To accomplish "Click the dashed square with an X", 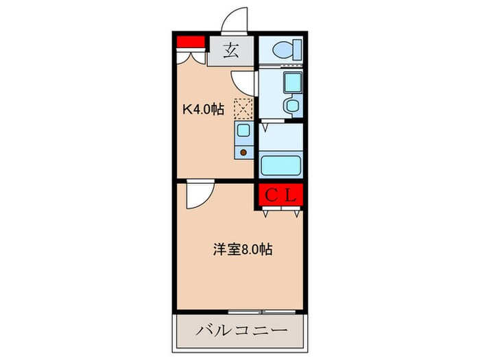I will coord(243,108).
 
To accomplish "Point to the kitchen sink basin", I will coord(243,130).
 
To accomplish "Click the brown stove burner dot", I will coord(243,152).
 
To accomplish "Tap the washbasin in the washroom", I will coord(291,106).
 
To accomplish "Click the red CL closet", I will coord(280,195).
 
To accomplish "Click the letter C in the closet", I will coord(271,195).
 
